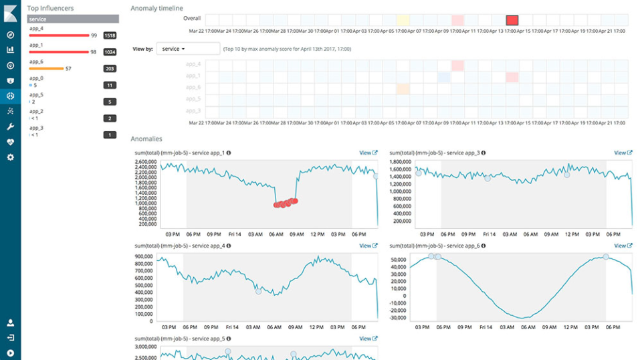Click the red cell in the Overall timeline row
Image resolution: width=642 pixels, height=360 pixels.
pos(512,21)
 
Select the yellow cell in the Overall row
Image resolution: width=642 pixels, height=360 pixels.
pos(403,21)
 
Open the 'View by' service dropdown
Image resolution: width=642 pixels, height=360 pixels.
pos(187,49)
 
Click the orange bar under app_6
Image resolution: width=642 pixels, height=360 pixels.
pos(46,68)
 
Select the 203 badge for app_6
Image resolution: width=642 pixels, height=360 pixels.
pos(110,69)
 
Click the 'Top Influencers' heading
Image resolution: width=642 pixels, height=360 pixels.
pos(50,8)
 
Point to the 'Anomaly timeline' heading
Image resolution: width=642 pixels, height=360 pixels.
pos(156,8)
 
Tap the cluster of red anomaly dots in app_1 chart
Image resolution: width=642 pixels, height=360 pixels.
pos(286,203)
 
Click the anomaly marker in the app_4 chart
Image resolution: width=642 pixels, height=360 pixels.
pos(259,291)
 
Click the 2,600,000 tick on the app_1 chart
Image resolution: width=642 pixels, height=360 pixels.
pos(145,162)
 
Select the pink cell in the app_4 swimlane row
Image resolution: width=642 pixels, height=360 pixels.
pos(457,66)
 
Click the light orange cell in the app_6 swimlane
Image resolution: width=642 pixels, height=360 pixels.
pos(403,88)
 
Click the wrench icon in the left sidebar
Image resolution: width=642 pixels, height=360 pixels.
pos(10,126)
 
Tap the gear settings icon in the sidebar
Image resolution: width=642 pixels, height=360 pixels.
pos(10,157)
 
